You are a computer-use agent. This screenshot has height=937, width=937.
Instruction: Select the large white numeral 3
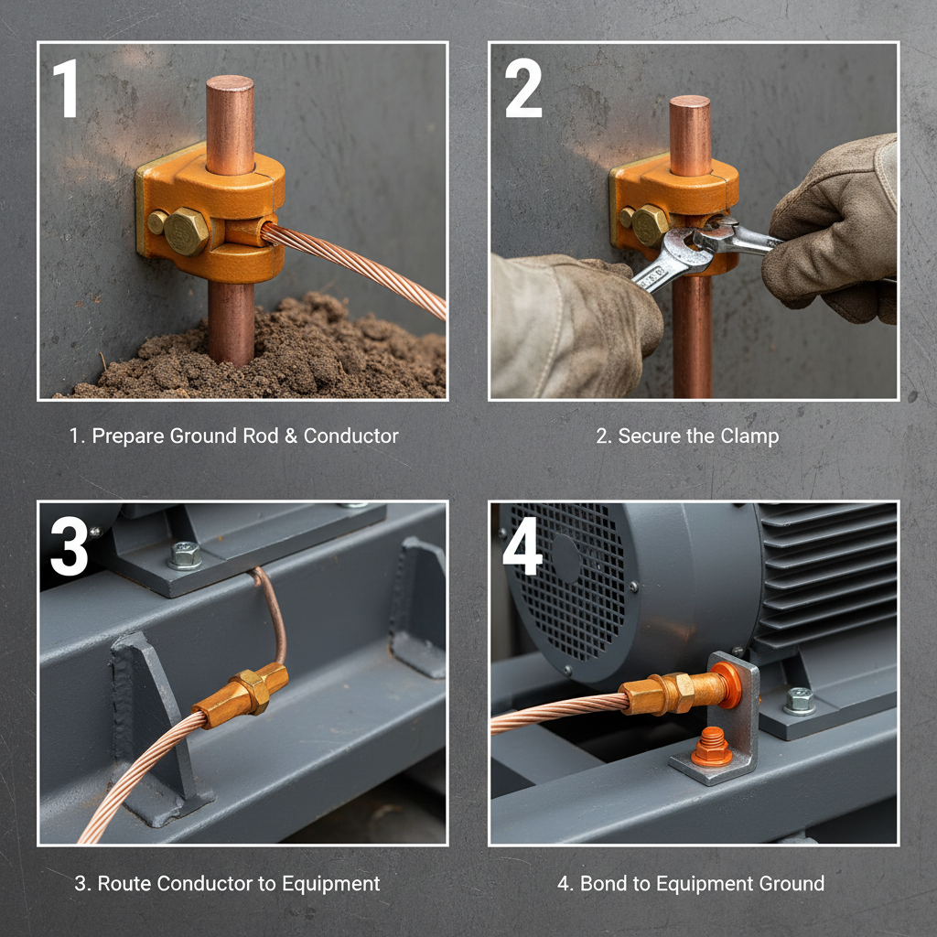pyautogui.click(x=69, y=546)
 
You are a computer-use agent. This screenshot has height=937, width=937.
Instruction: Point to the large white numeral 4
pyautogui.click(x=523, y=546)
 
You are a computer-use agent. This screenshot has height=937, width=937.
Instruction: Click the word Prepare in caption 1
pyautogui.click(x=127, y=436)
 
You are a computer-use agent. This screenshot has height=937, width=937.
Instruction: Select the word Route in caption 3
pyautogui.click(x=124, y=884)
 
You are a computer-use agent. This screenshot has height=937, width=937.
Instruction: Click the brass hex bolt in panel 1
pyautogui.click(x=186, y=231)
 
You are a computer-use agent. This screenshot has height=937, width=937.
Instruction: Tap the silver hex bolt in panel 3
pyautogui.click(x=185, y=555)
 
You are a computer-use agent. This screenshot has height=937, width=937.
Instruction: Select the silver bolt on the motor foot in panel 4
pyautogui.click(x=799, y=700)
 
